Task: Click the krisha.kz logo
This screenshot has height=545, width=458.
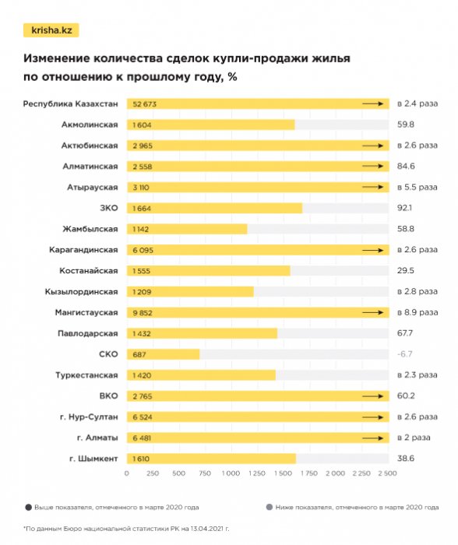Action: [x=51, y=30]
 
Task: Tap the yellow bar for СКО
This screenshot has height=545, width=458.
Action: [x=163, y=354]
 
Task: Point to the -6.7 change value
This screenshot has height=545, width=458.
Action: [x=404, y=354]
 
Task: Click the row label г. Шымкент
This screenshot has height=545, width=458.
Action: [x=94, y=459]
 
